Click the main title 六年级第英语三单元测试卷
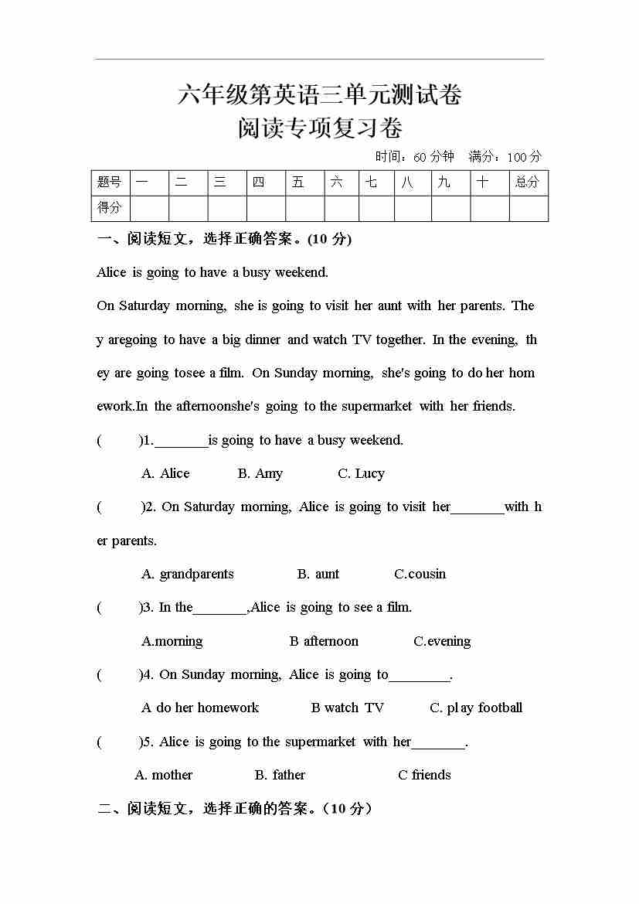click(x=320, y=96)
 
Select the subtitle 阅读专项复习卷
click(x=320, y=128)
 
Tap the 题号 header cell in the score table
click(x=110, y=183)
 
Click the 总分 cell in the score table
click(x=528, y=183)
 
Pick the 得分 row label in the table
click(x=110, y=208)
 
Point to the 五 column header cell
click(x=299, y=183)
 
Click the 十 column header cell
click(x=483, y=183)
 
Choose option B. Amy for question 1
click(x=260, y=473)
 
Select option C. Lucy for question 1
click(x=361, y=473)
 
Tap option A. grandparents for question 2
click(x=188, y=574)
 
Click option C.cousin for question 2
click(x=420, y=574)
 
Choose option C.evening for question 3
click(x=442, y=641)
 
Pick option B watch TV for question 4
click(x=347, y=708)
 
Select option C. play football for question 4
click(x=476, y=708)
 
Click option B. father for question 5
click(x=280, y=775)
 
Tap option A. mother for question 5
click(x=164, y=775)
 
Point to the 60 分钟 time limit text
click(x=433, y=157)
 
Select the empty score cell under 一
click(x=149, y=208)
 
